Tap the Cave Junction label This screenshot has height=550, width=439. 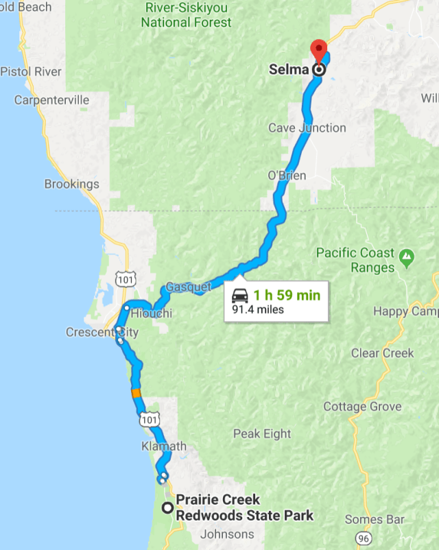(x=307, y=128)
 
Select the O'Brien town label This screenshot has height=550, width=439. (x=287, y=176)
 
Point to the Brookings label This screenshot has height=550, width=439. (x=71, y=184)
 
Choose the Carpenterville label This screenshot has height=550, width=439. (x=51, y=100)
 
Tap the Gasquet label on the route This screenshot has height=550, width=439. (x=189, y=287)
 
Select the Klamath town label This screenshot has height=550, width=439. (x=164, y=446)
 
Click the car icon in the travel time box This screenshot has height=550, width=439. (x=240, y=296)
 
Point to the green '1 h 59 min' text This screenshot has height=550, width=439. (x=286, y=296)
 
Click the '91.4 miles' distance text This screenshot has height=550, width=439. (x=258, y=309)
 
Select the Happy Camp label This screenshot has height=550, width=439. (x=405, y=311)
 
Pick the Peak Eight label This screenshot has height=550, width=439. (x=262, y=433)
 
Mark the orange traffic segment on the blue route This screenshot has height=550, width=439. (x=136, y=393)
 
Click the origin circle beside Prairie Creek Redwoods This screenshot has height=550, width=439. (x=167, y=507)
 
